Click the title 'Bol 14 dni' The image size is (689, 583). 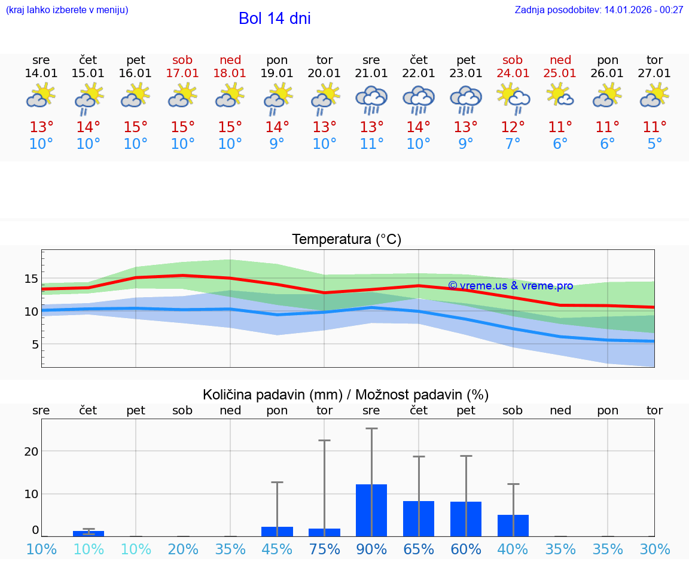pos(275,19)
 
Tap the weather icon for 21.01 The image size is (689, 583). pos(371,99)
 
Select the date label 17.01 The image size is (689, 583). pos(182,74)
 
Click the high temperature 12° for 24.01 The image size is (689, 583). pos(513,127)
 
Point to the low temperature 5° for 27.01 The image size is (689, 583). pos(654,144)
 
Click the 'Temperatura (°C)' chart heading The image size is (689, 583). pos(346,240)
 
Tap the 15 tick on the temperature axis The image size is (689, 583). pos(31,279)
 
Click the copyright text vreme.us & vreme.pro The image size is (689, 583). pos(510,286)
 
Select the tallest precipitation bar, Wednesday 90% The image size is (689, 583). pos(371,510)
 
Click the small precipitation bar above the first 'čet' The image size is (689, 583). pos(89,533)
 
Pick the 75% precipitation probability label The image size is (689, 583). pos(324,550)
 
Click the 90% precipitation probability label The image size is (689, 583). pos(371,550)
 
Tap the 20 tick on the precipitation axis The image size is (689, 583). pos(31,451)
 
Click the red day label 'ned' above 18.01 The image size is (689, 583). pos(230,60)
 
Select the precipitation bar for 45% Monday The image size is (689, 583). pos(277,531)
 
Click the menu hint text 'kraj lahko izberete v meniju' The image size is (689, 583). pos(67,10)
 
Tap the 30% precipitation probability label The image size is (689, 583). pos(654,550)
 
